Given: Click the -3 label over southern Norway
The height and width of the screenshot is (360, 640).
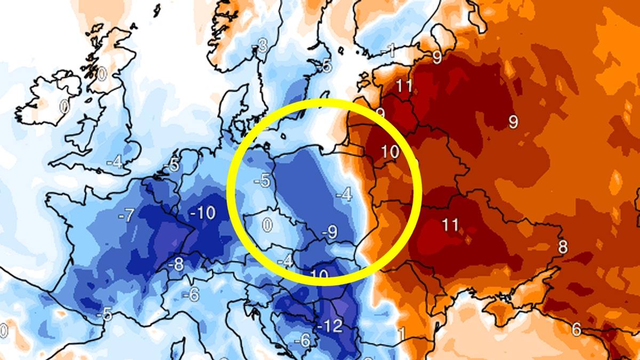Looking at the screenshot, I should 261,46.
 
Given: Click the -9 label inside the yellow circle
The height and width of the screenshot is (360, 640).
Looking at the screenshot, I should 330,231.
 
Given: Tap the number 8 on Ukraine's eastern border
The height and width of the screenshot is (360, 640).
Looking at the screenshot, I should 563,247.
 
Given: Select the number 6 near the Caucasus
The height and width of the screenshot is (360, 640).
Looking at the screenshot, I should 577,329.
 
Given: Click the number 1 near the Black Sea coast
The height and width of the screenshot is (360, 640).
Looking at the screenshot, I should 402,334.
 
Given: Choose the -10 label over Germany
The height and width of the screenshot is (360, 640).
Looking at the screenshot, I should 203,213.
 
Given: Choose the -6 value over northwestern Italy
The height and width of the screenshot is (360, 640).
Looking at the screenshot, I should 190,294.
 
